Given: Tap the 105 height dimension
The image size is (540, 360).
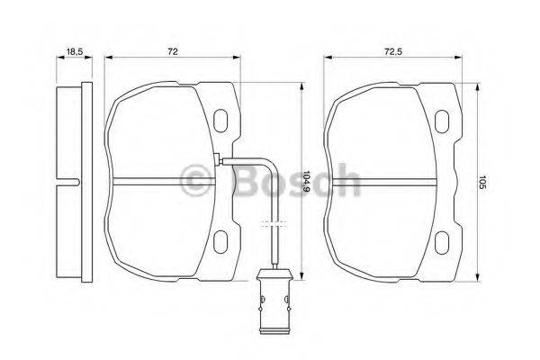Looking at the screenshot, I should click(482, 184).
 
